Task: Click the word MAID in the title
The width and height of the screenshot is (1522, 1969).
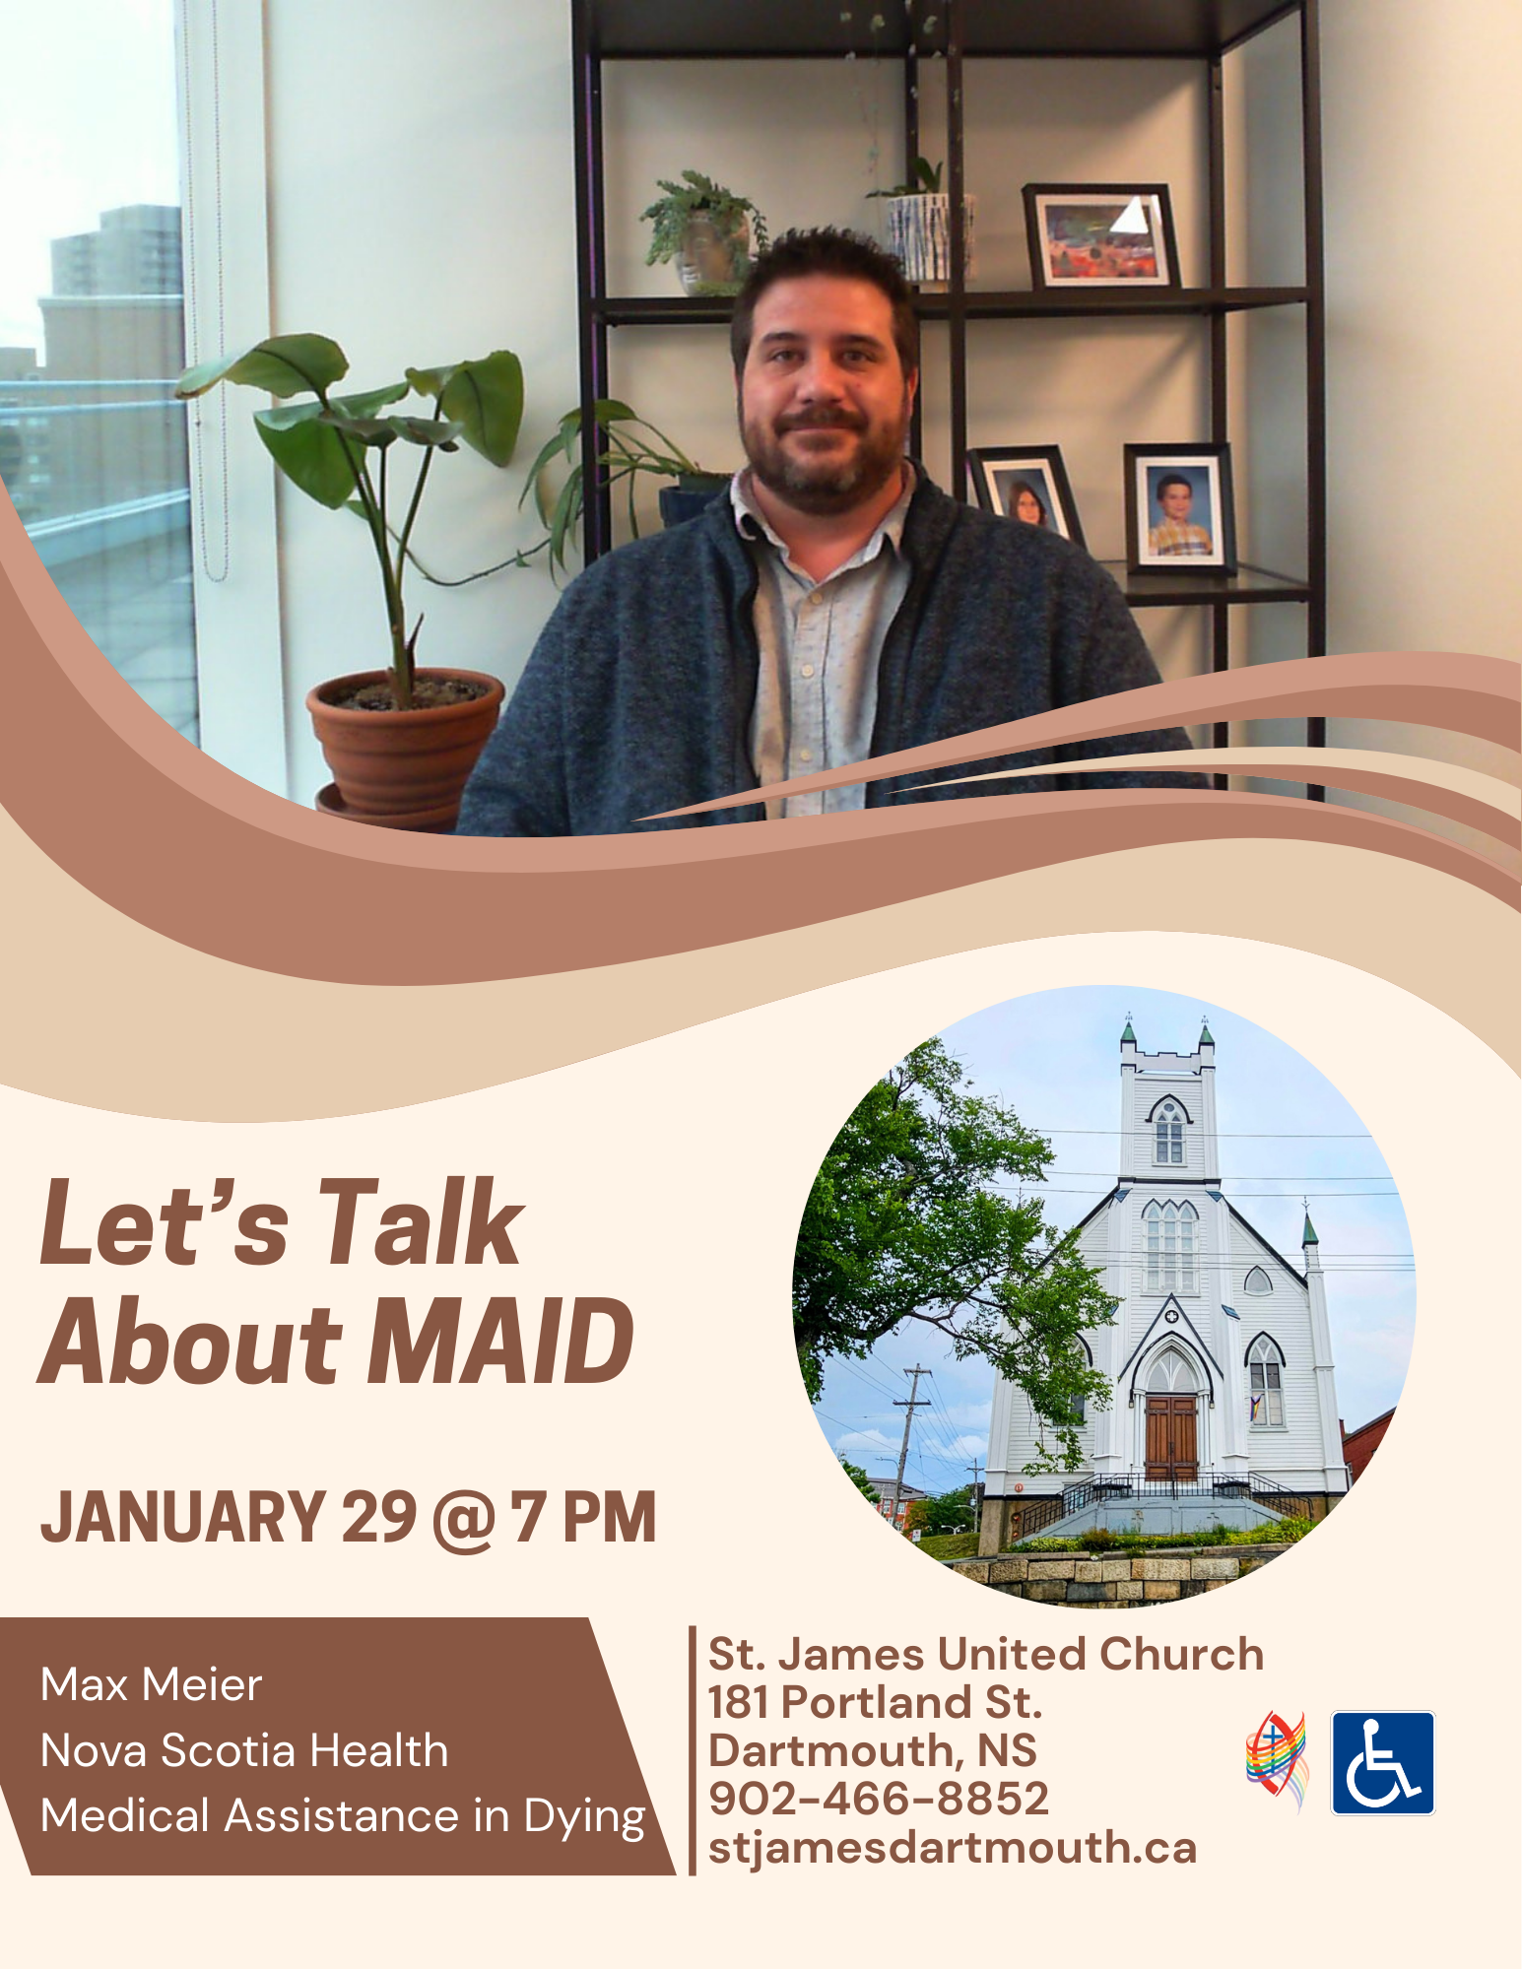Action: pyautogui.click(x=501, y=1341)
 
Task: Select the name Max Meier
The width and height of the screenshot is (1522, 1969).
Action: pyautogui.click(x=152, y=1685)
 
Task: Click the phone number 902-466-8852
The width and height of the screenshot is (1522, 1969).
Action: pyautogui.click(x=879, y=1799)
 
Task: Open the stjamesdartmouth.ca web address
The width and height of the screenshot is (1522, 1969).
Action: pyautogui.click(x=953, y=1848)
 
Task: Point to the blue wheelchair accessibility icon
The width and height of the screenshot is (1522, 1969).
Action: pyautogui.click(x=1383, y=1763)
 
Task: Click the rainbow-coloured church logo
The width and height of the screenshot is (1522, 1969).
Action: pyautogui.click(x=1277, y=1761)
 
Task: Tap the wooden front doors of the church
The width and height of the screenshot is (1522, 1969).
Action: pyautogui.click(x=1171, y=1437)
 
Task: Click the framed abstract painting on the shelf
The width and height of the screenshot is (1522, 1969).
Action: pyautogui.click(x=1099, y=236)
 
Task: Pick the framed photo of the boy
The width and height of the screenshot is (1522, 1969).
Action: pyautogui.click(x=1179, y=509)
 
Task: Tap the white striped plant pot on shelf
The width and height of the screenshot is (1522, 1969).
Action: pyautogui.click(x=923, y=237)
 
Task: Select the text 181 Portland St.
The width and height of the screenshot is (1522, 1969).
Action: pyautogui.click(x=875, y=1702)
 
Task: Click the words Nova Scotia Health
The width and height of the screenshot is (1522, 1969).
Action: pyautogui.click(x=244, y=1751)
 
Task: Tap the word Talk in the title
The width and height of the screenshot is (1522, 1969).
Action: pyautogui.click(x=419, y=1222)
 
